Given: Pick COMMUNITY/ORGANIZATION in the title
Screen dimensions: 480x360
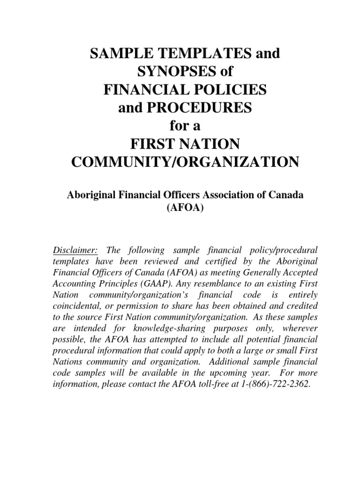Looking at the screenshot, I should [x=184, y=162].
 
